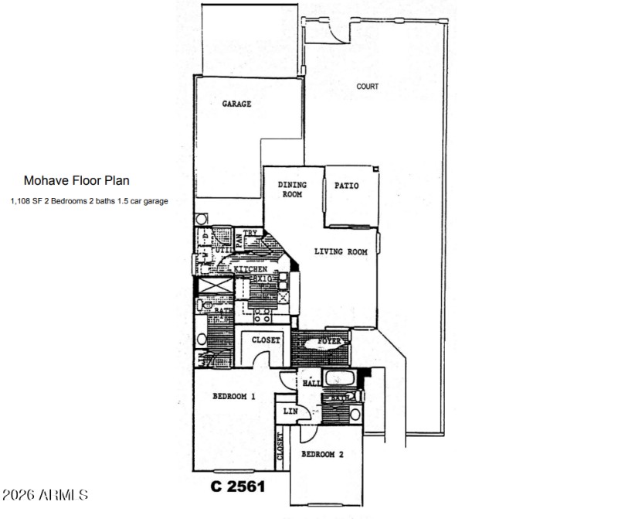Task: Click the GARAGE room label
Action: click(237, 104)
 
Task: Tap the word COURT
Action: click(367, 87)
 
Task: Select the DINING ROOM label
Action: click(292, 190)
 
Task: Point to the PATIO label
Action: click(345, 186)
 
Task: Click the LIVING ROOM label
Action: click(340, 251)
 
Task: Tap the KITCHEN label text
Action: click(251, 269)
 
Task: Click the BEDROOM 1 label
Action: click(233, 397)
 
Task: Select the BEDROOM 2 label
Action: click(322, 455)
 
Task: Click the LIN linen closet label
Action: click(290, 411)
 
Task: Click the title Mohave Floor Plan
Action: click(76, 180)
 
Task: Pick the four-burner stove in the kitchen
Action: click(262, 314)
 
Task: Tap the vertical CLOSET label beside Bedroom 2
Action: click(280, 447)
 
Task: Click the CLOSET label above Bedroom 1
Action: click(265, 340)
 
